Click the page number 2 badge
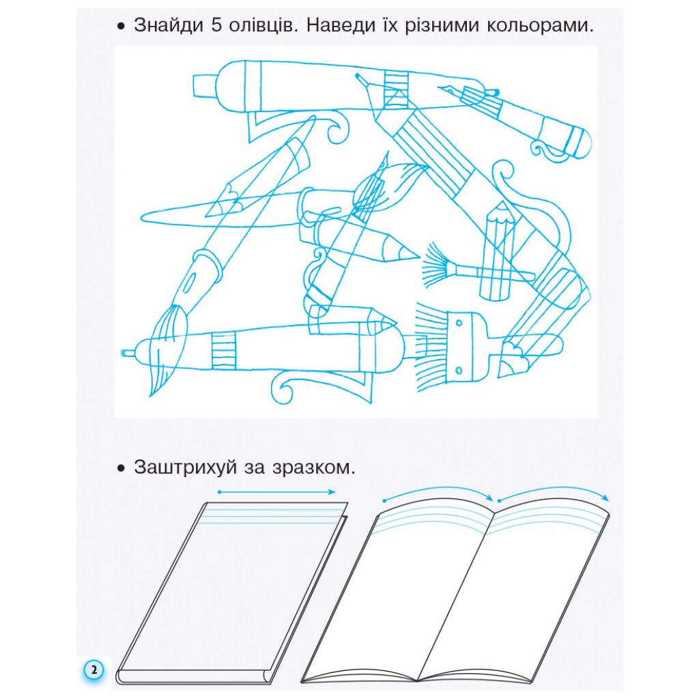coord(94,670)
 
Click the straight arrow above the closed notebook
coord(276,491)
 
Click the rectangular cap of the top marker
coord(204,85)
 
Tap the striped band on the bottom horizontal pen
coord(223,350)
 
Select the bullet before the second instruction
coord(122,469)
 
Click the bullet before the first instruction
coord(122,27)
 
